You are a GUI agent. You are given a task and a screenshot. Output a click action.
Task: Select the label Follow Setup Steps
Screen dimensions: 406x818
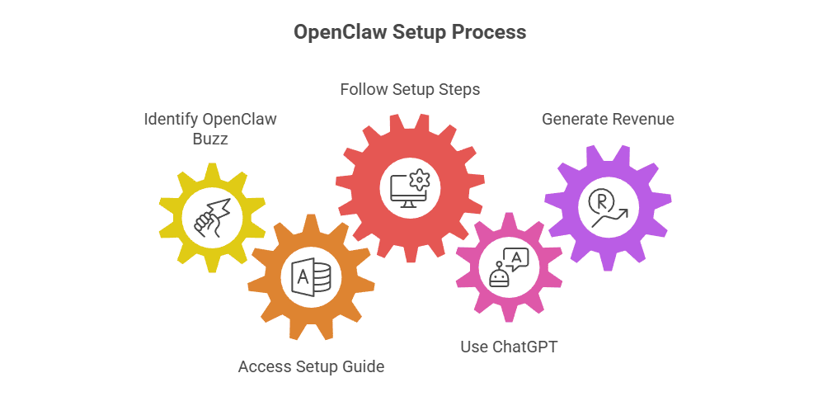(x=410, y=89)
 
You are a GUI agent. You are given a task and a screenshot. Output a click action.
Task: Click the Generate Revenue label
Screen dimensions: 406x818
(x=608, y=119)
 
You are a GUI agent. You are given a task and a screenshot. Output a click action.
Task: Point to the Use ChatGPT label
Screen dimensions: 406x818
(x=509, y=347)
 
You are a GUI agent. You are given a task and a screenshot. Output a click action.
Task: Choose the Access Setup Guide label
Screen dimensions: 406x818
(x=311, y=366)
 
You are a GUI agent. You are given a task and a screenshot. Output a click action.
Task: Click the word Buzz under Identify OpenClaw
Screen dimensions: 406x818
(x=209, y=139)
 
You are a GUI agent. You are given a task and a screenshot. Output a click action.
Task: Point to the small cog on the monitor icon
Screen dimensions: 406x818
(x=421, y=177)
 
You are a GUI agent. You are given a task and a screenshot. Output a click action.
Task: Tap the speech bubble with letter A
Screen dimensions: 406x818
(x=517, y=259)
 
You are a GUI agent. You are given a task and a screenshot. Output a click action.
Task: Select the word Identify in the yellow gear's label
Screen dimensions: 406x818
(x=172, y=119)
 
